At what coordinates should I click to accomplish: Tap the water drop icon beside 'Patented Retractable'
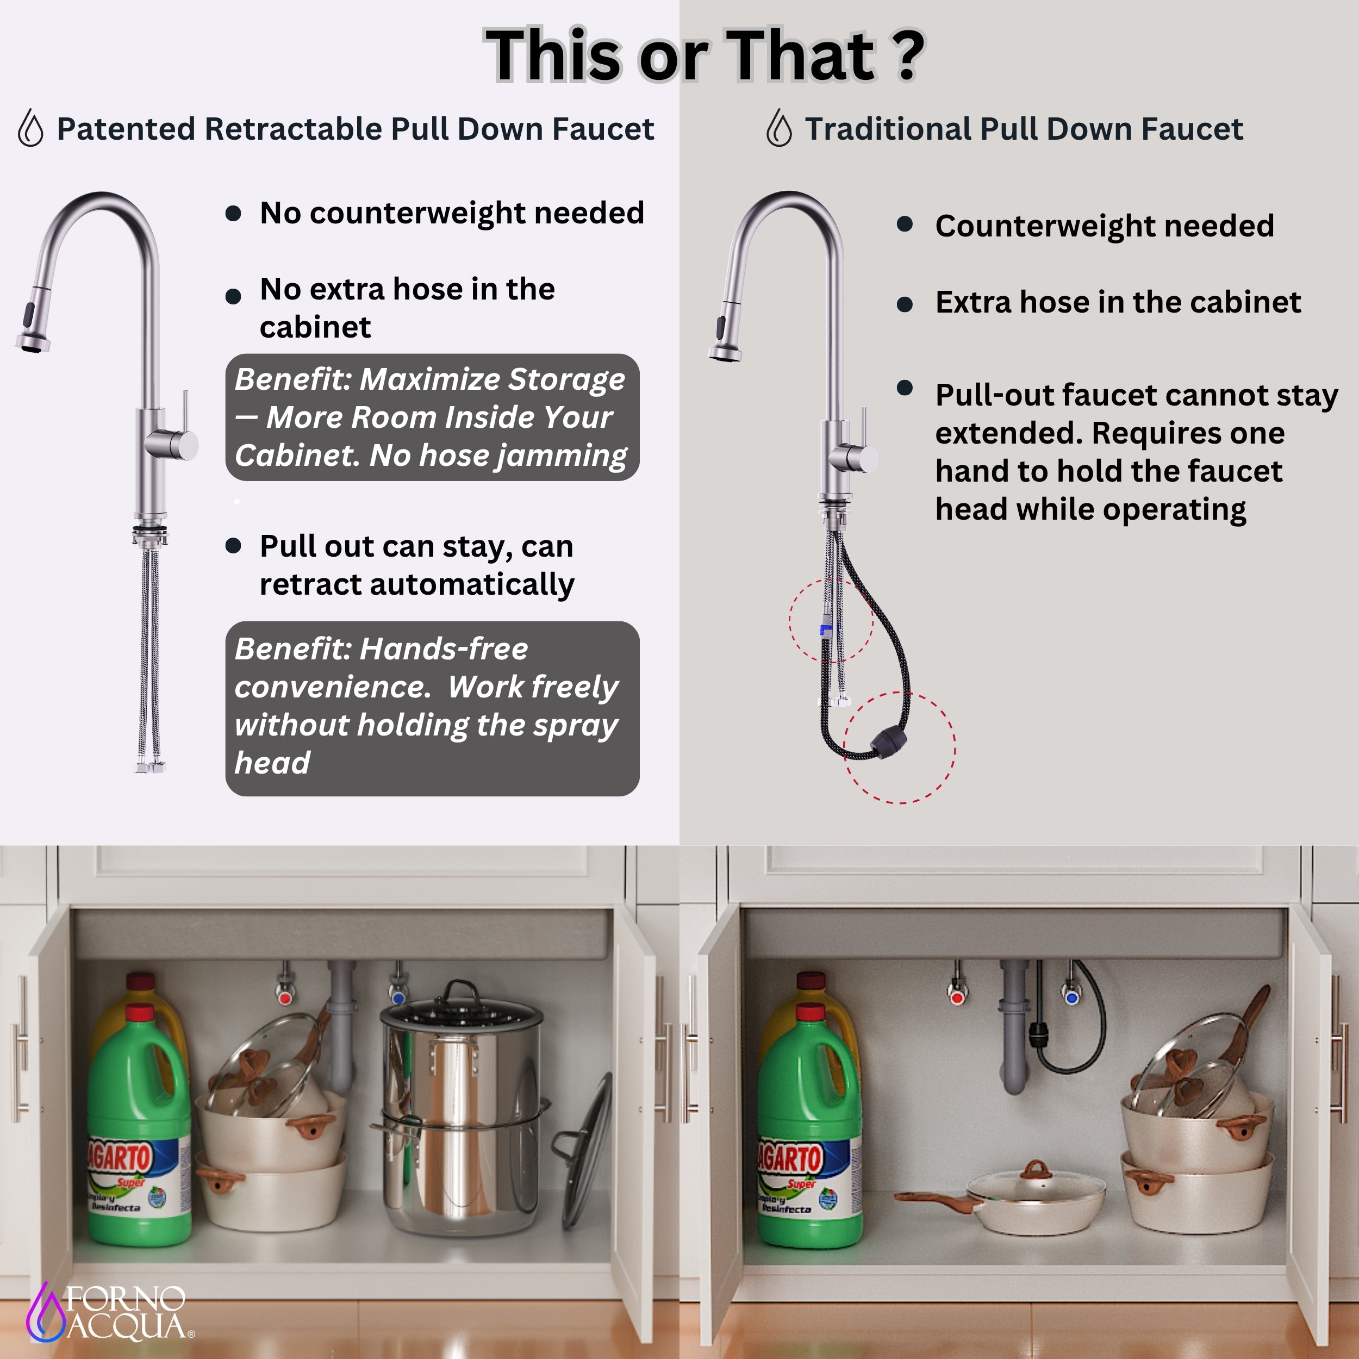(30, 128)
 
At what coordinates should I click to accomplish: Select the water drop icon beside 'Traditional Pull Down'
(778, 128)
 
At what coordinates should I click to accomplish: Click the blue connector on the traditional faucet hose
(826, 629)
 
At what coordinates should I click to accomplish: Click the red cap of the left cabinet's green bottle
(141, 1013)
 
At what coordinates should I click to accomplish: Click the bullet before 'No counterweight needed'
(234, 213)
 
